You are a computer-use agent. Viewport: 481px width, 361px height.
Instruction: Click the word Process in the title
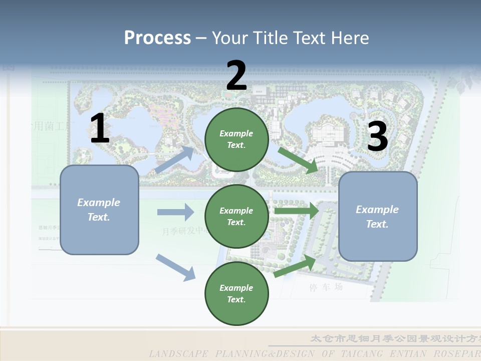coord(157,38)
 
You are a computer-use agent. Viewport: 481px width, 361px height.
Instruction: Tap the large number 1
coord(100,128)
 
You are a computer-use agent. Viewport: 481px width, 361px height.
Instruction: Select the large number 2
coord(236,76)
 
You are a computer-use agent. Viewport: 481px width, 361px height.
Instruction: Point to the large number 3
coord(377,136)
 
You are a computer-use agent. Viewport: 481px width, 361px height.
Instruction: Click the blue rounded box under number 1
coord(99,210)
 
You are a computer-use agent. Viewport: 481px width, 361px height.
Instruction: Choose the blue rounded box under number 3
coord(378,216)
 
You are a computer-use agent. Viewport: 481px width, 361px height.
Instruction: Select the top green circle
coord(236,139)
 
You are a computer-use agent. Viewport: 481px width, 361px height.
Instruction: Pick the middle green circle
coord(236,216)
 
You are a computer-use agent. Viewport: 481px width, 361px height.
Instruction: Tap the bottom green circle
coord(236,293)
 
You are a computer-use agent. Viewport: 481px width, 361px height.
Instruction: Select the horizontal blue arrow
coord(175,212)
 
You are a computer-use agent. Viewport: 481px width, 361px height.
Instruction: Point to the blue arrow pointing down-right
coord(175,267)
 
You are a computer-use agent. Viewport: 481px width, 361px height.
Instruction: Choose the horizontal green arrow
coord(296,211)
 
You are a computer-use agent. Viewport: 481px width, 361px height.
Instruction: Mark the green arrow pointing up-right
coord(295,266)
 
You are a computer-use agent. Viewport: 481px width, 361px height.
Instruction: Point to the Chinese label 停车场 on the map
coord(326,287)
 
